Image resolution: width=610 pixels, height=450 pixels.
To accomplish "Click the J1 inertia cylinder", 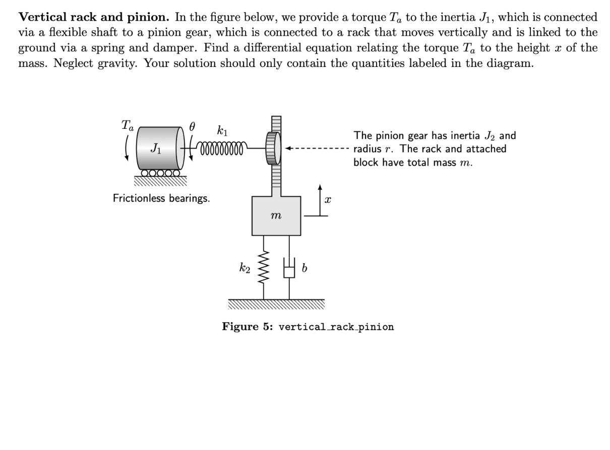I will click(159, 148).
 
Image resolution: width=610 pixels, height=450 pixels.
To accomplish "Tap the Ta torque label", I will click(128, 125).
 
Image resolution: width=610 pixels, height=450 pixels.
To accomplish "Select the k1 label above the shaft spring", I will click(222, 132).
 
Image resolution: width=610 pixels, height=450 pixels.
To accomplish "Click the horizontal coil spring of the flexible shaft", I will click(223, 149).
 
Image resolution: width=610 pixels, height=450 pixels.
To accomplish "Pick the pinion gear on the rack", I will click(272, 148).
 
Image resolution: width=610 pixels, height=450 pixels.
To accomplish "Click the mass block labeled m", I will click(276, 216).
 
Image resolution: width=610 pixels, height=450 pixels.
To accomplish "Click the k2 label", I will click(245, 269).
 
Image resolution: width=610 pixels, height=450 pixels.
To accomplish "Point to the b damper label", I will click(304, 269).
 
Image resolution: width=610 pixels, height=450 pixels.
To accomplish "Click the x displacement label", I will click(328, 200).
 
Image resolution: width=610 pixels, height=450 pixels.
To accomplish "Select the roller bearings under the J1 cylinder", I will click(160, 174).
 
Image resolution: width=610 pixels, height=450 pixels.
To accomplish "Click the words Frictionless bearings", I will click(161, 198).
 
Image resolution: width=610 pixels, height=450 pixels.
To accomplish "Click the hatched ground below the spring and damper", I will click(276, 303).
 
